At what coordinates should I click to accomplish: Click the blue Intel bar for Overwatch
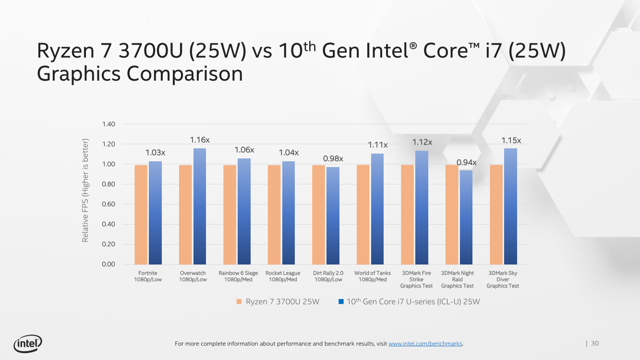[200, 206]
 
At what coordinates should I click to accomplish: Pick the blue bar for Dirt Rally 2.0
[333, 216]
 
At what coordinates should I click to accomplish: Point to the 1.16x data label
[200, 140]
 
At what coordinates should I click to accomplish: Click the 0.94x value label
[466, 163]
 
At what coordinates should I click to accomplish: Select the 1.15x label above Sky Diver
[511, 140]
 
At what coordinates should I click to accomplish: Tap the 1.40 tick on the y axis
[108, 124]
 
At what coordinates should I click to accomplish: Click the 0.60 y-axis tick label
[108, 204]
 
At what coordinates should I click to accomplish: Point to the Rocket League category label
[283, 276]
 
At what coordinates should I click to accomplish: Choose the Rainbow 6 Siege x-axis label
[238, 276]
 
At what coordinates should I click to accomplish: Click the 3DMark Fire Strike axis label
[416, 279]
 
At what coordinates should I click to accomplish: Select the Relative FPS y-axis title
[85, 191]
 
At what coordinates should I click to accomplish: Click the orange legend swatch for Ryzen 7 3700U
[239, 302]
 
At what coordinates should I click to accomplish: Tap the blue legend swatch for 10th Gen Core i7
[341, 302]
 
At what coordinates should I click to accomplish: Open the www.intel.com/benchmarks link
[425, 344]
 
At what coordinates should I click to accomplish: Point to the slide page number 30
[595, 343]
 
